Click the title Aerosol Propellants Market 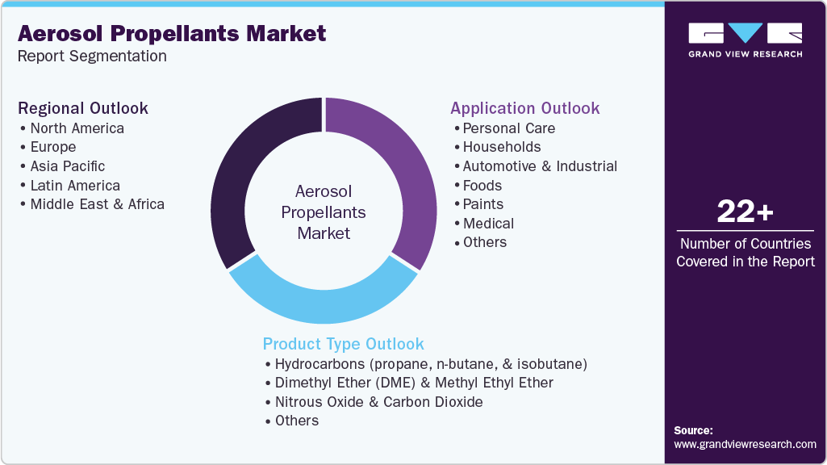pos(172,34)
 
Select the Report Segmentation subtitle pos(92,56)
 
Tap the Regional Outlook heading pos(83,108)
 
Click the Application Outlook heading pos(524,108)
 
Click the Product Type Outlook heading pos(344,344)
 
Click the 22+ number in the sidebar pos(746,212)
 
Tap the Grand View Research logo pos(746,40)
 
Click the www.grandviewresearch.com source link pos(746,445)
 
